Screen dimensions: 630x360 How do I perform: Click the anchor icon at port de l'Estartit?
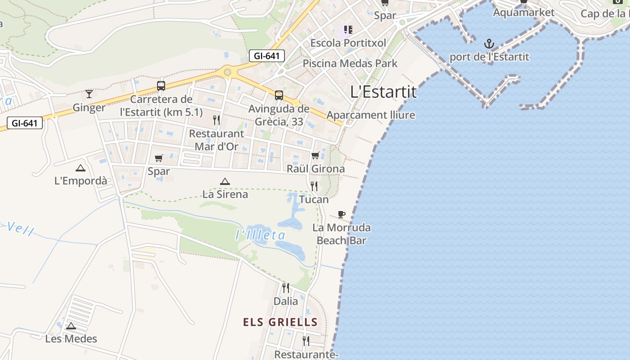click(489, 44)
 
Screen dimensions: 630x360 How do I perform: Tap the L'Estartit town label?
click(383, 92)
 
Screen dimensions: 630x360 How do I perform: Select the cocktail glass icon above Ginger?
click(89, 94)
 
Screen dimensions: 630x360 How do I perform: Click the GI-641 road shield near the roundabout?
click(267, 56)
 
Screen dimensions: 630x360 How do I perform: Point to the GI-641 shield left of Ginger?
click(24, 123)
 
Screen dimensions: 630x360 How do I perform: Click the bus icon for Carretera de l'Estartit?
click(161, 85)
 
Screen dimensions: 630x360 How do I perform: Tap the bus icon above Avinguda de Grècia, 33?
click(279, 95)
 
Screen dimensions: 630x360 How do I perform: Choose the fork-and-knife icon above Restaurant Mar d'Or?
click(216, 120)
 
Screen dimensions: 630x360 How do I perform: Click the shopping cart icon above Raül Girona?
click(315, 156)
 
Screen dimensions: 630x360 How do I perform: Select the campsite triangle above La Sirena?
click(225, 181)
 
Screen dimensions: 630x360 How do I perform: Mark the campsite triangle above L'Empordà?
click(81, 168)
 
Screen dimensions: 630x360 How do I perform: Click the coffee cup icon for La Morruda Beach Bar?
click(342, 214)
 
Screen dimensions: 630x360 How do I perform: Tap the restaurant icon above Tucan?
click(314, 186)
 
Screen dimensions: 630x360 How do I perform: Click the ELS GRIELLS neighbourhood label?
click(280, 322)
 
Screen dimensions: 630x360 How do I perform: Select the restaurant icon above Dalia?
click(286, 288)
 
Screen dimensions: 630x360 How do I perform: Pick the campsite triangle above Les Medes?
click(71, 326)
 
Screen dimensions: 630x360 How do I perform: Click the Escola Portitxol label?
click(348, 43)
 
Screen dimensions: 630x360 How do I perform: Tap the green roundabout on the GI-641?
click(228, 72)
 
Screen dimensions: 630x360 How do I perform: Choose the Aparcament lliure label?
click(371, 115)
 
